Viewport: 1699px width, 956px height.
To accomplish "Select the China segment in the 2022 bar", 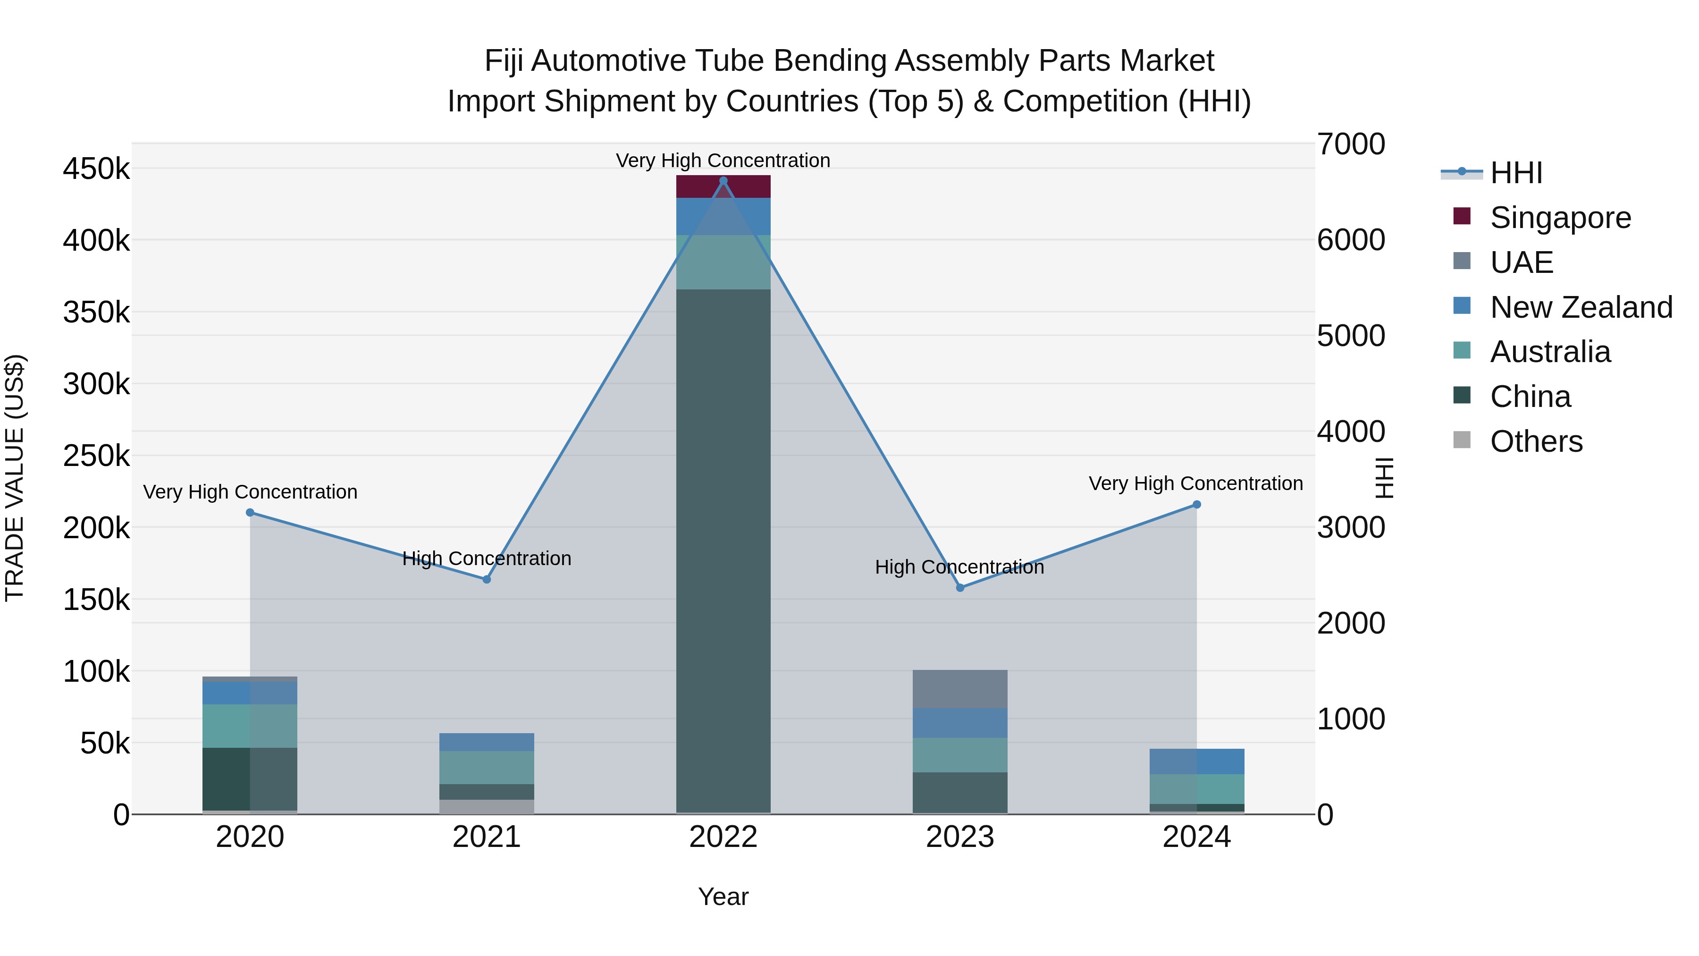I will [723, 551].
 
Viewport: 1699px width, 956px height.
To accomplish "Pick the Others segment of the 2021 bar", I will [487, 806].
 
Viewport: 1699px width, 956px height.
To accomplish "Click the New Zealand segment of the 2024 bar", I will [1196, 761].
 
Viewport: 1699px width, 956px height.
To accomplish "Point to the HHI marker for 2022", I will [723, 181].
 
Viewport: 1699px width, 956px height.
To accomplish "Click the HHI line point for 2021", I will [487, 579].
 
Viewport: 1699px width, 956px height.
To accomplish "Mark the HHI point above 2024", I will [1196, 505].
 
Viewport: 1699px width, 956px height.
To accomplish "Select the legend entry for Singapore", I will [1560, 218].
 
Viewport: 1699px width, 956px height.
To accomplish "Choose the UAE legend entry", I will [1521, 262].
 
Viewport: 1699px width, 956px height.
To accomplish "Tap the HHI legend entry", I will [1515, 173].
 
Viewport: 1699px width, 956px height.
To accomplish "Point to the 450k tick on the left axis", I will [96, 169].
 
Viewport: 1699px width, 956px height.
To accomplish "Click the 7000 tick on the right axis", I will [1351, 144].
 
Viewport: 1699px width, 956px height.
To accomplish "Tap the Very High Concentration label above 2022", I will [723, 161].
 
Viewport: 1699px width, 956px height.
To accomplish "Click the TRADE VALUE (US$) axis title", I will [15, 478].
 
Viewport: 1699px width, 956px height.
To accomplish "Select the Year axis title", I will [723, 897].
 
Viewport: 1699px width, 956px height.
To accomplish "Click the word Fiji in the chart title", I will [505, 61].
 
